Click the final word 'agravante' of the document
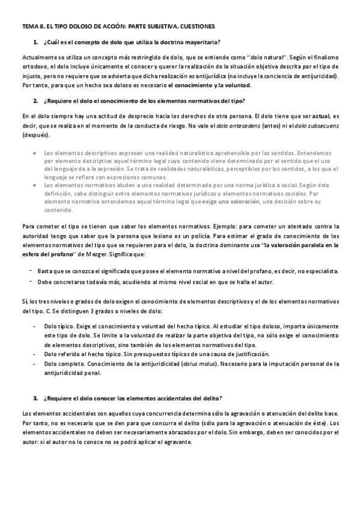tap(176, 442)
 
